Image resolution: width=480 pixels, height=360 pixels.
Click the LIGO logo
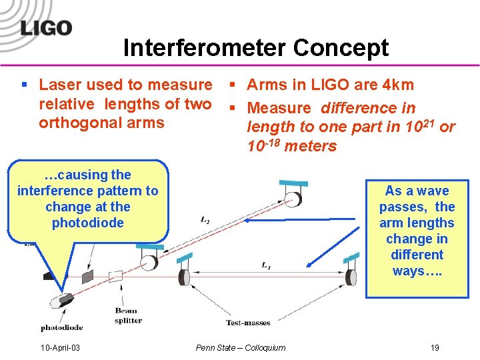46,28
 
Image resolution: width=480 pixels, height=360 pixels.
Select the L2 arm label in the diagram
206,219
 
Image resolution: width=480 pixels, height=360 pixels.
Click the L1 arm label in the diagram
267,266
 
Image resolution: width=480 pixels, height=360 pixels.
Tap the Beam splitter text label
129,315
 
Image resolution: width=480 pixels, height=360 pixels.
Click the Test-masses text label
248,323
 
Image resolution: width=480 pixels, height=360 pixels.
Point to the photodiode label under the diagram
62,327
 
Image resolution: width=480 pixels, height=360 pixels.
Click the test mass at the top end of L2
291,198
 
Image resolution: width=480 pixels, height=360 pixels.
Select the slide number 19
435,347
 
